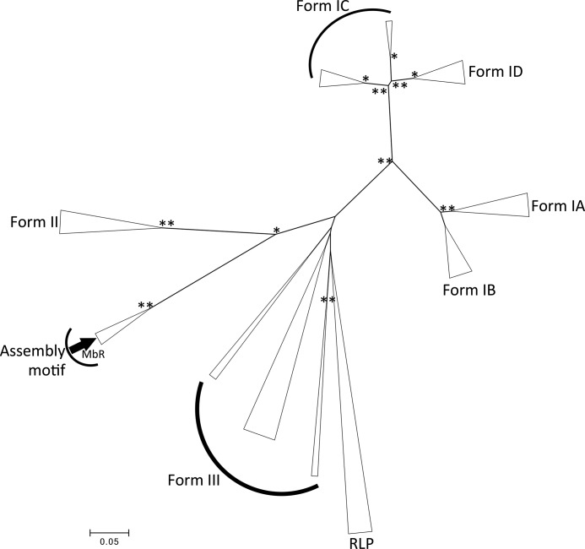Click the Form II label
pyautogui.click(x=33, y=222)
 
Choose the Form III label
pyautogui.click(x=191, y=481)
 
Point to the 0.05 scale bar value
pyautogui.click(x=110, y=542)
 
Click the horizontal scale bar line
pyautogui.click(x=110, y=532)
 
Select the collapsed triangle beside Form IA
pyautogui.click(x=498, y=207)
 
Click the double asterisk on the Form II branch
pyautogui.click(x=167, y=224)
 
